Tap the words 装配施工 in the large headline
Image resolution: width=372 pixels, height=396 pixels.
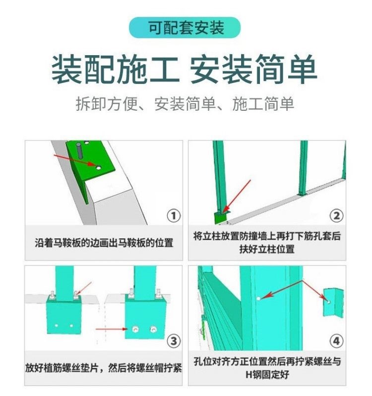(115, 70)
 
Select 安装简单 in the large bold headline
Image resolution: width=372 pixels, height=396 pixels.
(253, 70)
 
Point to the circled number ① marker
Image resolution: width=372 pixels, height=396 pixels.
(173, 216)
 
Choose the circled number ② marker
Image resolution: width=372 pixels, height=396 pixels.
(336, 216)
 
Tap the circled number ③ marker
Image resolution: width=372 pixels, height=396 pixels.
(173, 341)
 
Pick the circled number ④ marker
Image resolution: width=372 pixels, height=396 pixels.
(336, 341)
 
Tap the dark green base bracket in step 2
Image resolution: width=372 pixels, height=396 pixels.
(219, 218)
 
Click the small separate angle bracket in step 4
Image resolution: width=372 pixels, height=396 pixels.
(332, 302)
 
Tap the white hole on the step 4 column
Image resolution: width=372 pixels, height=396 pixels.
(259, 298)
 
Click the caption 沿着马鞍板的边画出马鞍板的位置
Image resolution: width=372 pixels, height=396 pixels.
(104, 243)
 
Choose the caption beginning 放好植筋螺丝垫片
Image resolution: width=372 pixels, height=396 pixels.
(104, 368)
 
